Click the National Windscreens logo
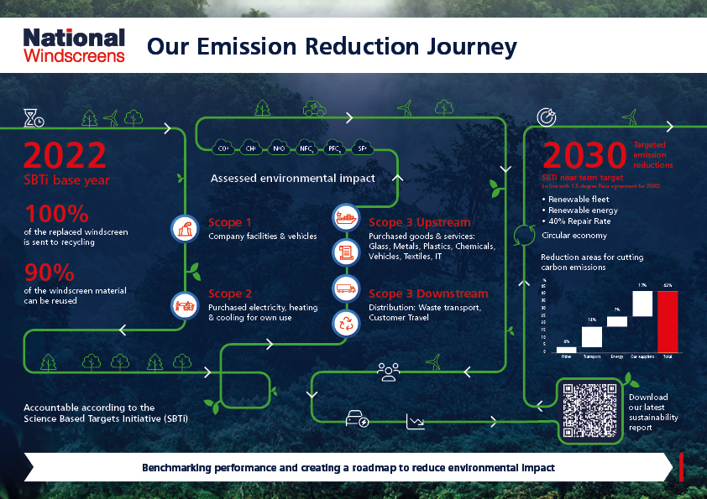(74, 45)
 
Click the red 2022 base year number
(65, 156)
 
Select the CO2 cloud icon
(223, 148)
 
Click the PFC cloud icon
(334, 148)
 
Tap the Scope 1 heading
(229, 223)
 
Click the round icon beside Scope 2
(184, 304)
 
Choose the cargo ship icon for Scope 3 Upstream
(345, 217)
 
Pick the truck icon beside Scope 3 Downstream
(345, 288)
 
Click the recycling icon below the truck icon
(345, 323)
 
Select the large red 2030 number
(584, 155)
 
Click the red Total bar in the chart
(667, 321)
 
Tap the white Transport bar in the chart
(592, 336)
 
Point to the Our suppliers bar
(642, 304)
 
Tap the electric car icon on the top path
(315, 108)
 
